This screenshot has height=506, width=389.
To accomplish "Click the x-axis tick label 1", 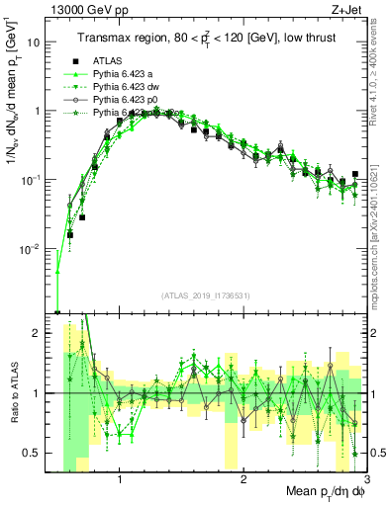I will tap(120, 481).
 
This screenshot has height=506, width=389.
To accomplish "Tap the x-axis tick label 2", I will tap(243, 481).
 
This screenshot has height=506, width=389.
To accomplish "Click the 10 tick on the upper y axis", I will tap(34, 42).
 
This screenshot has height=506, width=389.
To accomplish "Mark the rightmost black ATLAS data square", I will tap(354, 175).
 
